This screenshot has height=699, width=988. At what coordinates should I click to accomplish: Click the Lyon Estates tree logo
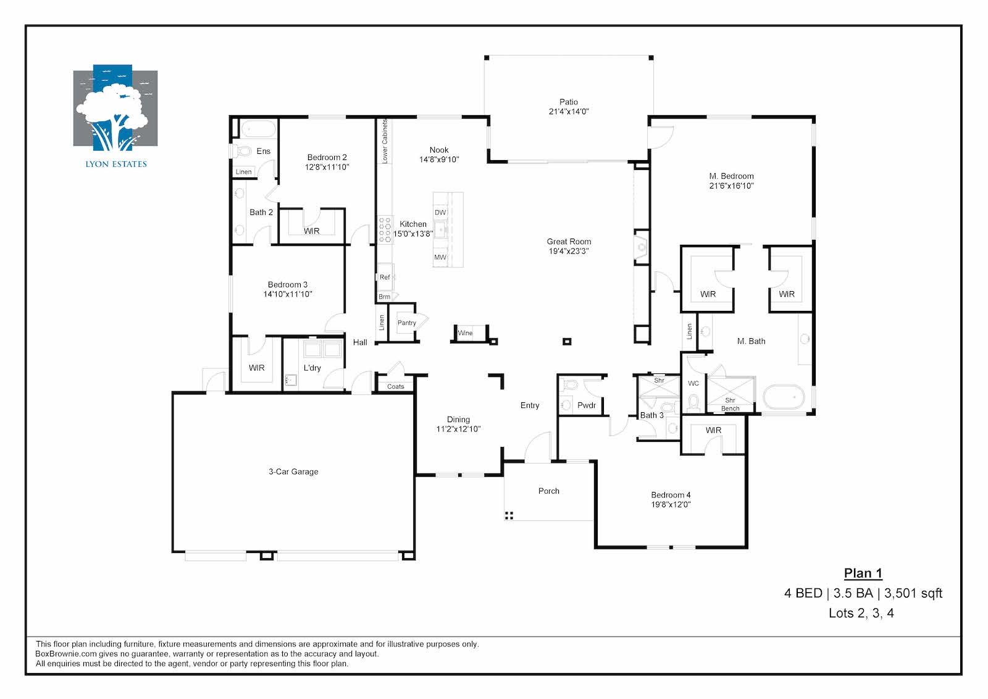click(115, 108)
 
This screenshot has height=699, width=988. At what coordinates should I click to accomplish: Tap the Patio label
click(569, 102)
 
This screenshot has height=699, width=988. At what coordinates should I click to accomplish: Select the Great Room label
click(569, 242)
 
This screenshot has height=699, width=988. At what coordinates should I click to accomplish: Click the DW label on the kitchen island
click(440, 213)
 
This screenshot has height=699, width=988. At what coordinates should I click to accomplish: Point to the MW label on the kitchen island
click(440, 257)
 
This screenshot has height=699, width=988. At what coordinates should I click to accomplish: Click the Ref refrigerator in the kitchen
click(385, 277)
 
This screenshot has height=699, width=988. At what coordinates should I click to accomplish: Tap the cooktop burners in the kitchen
click(385, 229)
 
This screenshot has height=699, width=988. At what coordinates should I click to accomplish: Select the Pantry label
click(407, 323)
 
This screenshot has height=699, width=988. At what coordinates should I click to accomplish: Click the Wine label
click(466, 333)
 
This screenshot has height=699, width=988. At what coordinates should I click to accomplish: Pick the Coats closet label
click(396, 386)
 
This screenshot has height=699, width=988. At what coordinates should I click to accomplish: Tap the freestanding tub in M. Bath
click(784, 397)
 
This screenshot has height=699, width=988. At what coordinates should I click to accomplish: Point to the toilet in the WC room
click(693, 403)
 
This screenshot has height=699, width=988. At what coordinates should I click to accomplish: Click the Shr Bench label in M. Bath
click(731, 404)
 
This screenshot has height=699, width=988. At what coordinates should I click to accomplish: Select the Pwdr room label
click(587, 405)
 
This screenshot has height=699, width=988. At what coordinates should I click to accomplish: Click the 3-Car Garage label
click(293, 472)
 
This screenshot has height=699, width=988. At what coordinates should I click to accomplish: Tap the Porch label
click(549, 491)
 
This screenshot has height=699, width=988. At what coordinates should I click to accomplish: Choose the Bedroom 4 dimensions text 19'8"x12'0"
click(671, 504)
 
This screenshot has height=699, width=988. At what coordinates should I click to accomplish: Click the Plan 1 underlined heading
click(863, 573)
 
